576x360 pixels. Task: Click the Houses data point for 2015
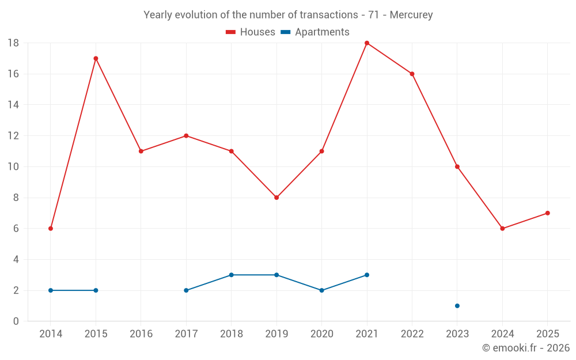pos(96,58)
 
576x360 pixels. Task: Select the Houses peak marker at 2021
pos(367,43)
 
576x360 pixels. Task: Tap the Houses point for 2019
pos(276,198)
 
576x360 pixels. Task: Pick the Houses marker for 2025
pos(548,213)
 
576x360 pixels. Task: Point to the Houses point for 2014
pos(51,229)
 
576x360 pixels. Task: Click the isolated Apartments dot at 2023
pos(457,306)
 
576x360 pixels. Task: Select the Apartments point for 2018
pos(232,275)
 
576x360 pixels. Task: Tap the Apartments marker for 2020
pos(322,290)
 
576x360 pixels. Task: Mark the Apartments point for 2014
pos(51,290)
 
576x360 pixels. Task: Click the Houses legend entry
pos(251,32)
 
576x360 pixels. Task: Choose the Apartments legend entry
pos(314,32)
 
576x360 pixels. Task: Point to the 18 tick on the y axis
pos(13,43)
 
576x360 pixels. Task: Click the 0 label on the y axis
pos(16,321)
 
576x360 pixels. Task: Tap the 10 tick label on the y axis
pos(13,167)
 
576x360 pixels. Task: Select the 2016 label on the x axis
pos(141,334)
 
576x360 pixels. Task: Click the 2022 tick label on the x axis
pos(412,334)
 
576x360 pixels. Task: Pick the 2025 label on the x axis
pos(548,334)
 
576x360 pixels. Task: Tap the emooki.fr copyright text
pos(526,348)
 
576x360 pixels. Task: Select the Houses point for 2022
pos(412,74)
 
